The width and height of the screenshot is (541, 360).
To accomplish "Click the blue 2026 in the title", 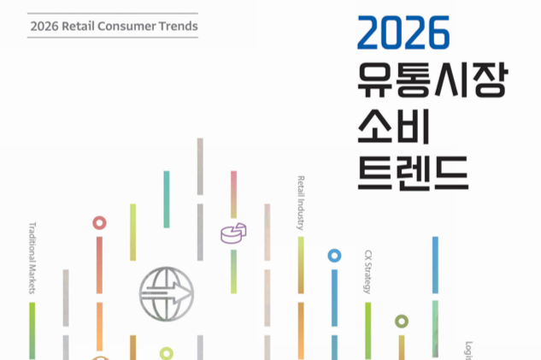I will (x=403, y=34).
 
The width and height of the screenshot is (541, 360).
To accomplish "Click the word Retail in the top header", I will (x=88, y=27).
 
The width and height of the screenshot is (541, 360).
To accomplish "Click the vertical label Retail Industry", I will (x=301, y=204).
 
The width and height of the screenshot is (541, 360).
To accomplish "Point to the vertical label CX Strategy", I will (x=368, y=272).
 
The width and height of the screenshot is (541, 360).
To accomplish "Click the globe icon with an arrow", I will (x=167, y=292).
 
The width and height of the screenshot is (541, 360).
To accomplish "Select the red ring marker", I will (x=100, y=223).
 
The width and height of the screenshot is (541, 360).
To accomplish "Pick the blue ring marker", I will (x=334, y=255).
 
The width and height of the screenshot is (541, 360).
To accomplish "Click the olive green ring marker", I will (x=402, y=322).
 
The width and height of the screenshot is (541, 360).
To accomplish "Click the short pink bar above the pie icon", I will (x=233, y=194).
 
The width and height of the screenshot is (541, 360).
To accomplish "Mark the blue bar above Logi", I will (x=435, y=265).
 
